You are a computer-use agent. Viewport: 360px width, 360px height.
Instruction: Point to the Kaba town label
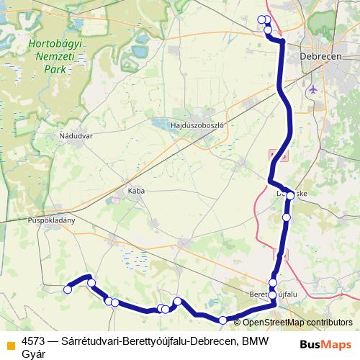[x=135, y=191]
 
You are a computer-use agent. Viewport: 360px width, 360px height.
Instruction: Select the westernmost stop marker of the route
[x=68, y=289]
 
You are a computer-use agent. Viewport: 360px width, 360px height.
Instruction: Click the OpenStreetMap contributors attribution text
[x=297, y=323]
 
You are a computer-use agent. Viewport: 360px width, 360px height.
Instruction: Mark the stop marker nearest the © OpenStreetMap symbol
[x=223, y=320]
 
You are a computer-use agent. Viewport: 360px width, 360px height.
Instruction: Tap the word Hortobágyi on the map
[x=56, y=44]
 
